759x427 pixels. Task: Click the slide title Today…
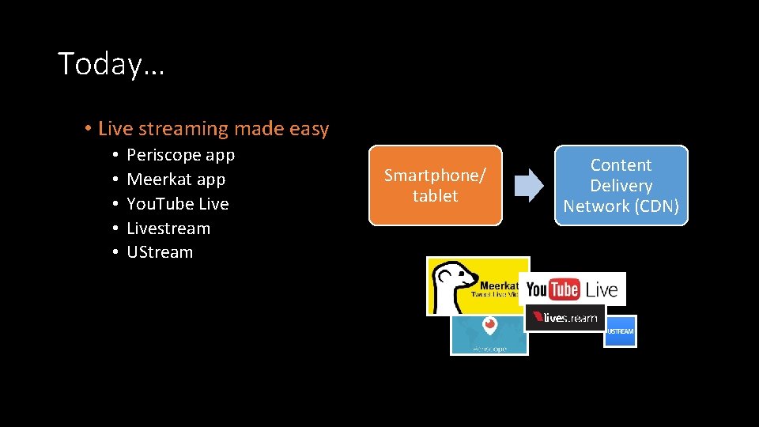(x=111, y=64)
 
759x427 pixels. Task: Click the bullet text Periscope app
(x=180, y=155)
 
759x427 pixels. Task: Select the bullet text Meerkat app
(x=176, y=179)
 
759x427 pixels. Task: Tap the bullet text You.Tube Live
(x=177, y=204)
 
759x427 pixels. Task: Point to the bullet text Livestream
(x=168, y=229)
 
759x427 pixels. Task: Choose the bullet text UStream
(x=160, y=252)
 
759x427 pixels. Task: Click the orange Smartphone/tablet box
(x=435, y=186)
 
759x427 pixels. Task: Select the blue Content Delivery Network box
(x=621, y=186)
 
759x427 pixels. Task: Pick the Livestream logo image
(x=565, y=317)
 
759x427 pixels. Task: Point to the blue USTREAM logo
(x=620, y=331)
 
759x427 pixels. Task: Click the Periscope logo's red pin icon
(x=490, y=325)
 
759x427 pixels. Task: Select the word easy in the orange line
(x=309, y=129)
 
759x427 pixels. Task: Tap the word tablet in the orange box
(x=435, y=196)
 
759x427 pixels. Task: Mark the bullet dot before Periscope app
(x=115, y=156)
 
